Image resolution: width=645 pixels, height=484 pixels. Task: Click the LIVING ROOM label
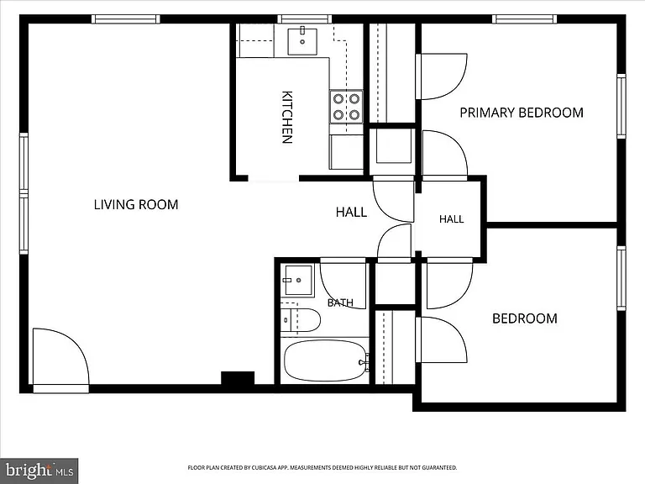coord(136,204)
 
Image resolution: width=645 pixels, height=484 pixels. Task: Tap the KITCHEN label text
coord(287,117)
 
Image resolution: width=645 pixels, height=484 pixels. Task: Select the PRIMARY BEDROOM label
coord(522,113)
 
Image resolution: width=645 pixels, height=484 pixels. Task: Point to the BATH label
coord(340,302)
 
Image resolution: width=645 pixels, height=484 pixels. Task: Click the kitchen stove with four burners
coord(346,106)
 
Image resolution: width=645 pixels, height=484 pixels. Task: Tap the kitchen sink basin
coord(302,41)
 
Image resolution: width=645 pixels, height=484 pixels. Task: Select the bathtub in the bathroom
coord(324,360)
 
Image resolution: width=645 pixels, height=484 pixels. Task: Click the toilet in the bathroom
coord(301,320)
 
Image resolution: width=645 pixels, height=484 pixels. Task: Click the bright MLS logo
coord(39,471)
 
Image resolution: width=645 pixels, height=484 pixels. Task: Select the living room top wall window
coord(125,19)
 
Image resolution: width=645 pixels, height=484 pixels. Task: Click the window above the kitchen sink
coord(304,19)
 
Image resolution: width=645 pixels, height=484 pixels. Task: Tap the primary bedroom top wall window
coord(524,19)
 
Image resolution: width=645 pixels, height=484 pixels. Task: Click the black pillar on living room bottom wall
coord(238,378)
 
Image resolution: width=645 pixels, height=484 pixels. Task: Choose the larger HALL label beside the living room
coord(351,212)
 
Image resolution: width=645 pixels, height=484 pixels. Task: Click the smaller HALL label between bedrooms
coord(451,219)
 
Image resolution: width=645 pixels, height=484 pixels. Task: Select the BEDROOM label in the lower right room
coord(524,318)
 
